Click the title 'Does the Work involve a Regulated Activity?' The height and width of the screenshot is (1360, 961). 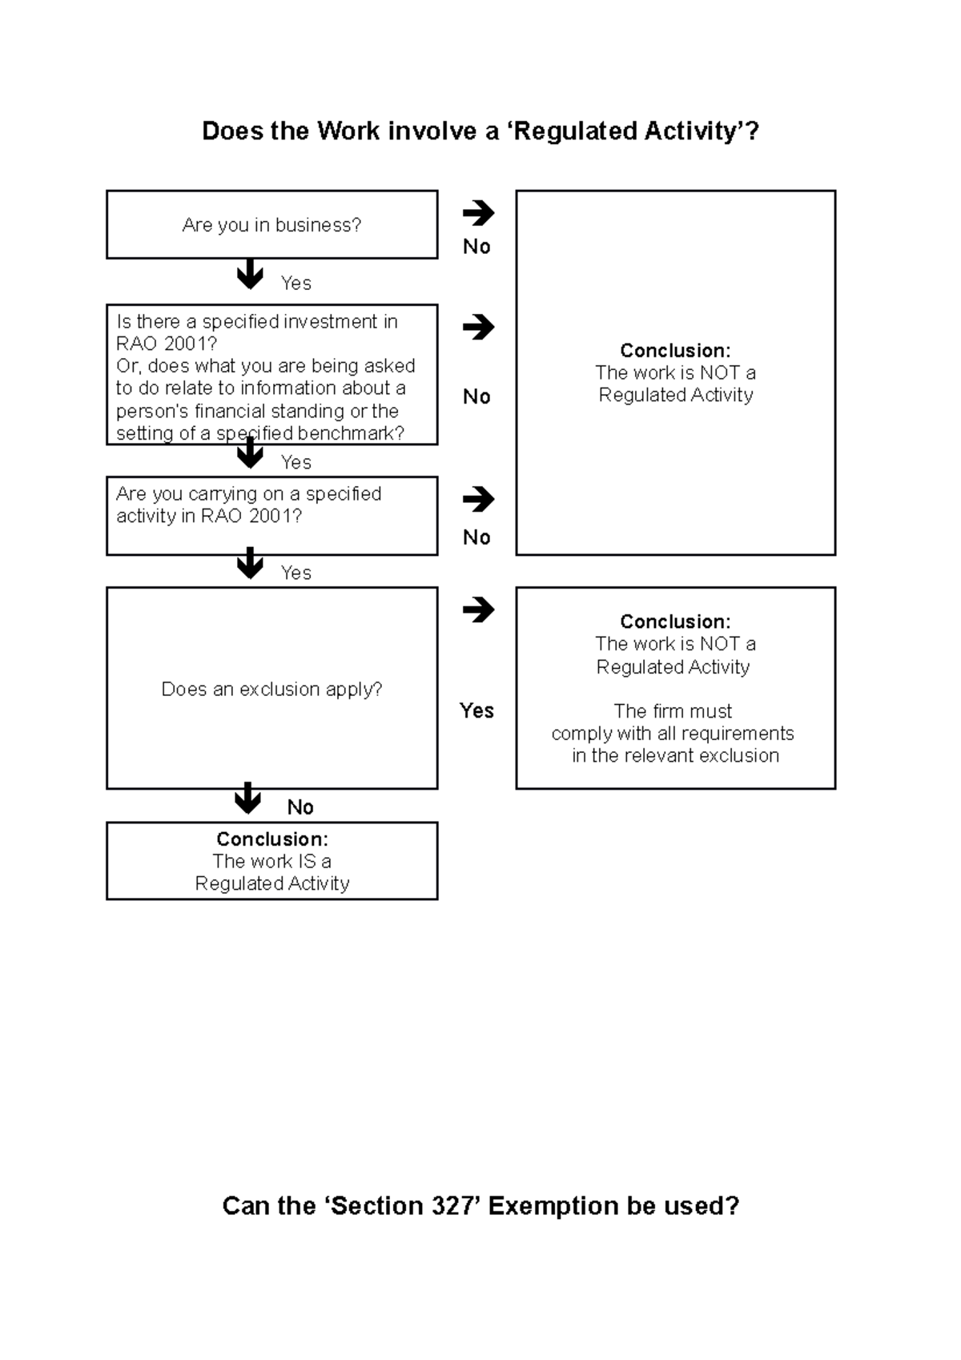(x=480, y=131)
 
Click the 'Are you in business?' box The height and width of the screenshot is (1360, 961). (x=271, y=225)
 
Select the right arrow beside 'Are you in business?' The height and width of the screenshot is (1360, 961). (x=478, y=213)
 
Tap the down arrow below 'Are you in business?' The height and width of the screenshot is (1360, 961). (x=250, y=274)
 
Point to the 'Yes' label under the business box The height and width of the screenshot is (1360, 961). (x=296, y=284)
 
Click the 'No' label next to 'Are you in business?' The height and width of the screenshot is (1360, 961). (x=476, y=247)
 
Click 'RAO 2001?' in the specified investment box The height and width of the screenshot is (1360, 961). (x=167, y=344)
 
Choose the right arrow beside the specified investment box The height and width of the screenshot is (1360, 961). (x=478, y=327)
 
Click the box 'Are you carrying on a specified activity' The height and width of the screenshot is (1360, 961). (x=271, y=515)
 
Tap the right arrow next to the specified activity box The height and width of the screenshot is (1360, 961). (x=478, y=499)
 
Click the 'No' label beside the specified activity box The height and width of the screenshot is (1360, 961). (x=476, y=537)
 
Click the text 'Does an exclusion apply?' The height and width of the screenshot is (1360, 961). (x=271, y=689)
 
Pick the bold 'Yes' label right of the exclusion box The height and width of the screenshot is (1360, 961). (x=476, y=710)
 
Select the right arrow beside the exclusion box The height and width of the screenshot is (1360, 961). (x=478, y=610)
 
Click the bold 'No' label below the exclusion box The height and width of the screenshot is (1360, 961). (x=300, y=807)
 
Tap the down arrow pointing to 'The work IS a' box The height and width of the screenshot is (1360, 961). (x=247, y=798)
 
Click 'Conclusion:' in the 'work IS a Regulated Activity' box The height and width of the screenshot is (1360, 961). (x=271, y=839)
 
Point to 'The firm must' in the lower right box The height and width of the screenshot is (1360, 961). (x=673, y=711)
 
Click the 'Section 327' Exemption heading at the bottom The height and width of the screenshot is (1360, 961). (x=480, y=1205)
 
